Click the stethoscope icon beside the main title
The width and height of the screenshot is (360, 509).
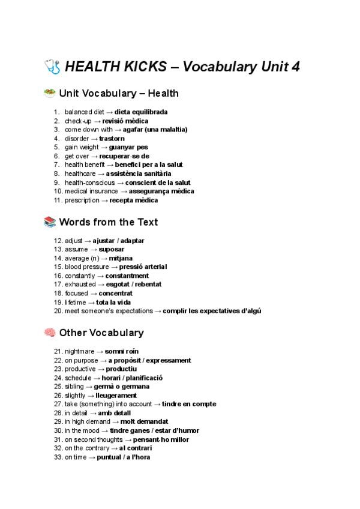(x=52, y=67)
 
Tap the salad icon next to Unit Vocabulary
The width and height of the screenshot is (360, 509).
(x=50, y=93)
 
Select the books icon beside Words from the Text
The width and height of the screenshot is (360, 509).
(x=50, y=222)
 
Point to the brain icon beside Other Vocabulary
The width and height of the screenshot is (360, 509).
(x=50, y=333)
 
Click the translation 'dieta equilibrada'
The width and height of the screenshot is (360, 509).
(x=140, y=112)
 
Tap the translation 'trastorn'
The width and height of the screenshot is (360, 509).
(x=112, y=138)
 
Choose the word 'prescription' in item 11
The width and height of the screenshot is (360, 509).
(x=82, y=200)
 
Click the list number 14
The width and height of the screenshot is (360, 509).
(x=58, y=258)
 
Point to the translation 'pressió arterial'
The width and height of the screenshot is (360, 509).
(x=143, y=267)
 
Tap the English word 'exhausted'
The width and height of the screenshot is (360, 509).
(x=80, y=285)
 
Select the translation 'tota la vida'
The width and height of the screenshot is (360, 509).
(x=113, y=303)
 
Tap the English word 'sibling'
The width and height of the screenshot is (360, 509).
(x=75, y=387)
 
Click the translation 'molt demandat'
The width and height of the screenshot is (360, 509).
(x=144, y=422)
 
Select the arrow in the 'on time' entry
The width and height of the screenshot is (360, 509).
(x=92, y=457)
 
